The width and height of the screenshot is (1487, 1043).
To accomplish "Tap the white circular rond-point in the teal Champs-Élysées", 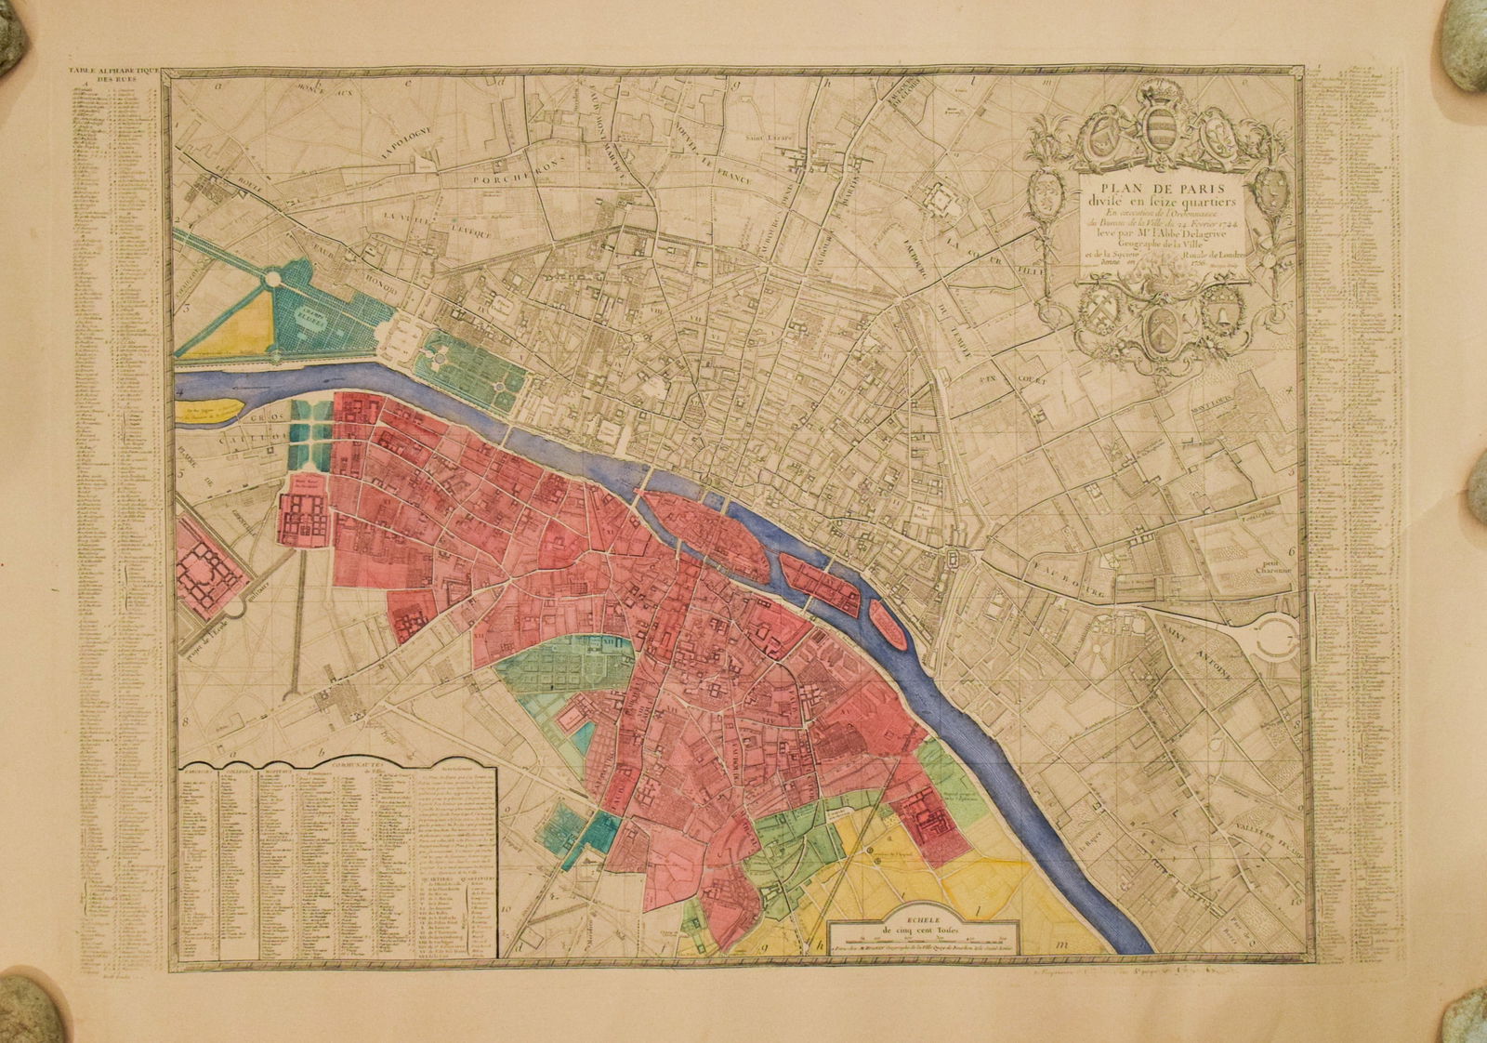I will (x=272, y=278).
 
